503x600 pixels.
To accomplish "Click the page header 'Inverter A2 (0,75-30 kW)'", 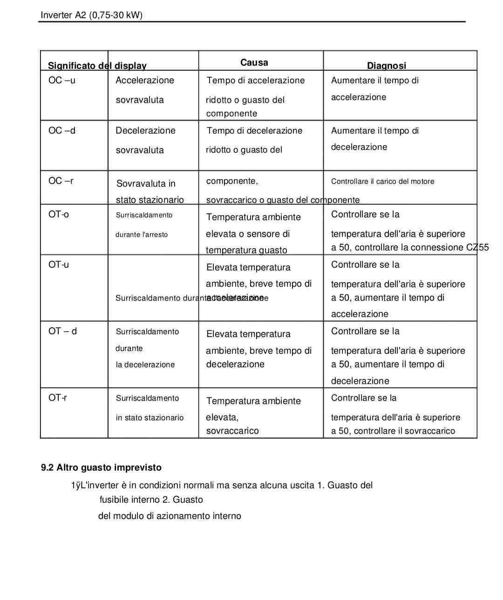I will [x=91, y=15].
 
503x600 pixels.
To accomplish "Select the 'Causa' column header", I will [x=254, y=62].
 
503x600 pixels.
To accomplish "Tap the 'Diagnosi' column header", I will [x=386, y=66].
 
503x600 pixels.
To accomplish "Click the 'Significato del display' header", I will [x=97, y=66].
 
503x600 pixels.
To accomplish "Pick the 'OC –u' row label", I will [x=61, y=80].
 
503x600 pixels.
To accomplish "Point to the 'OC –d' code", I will [x=61, y=130].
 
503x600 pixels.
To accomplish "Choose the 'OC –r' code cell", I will [x=61, y=181].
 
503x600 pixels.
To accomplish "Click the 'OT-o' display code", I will [x=58, y=214].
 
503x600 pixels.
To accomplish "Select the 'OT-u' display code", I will [x=58, y=264].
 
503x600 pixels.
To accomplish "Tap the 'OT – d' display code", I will [x=62, y=331].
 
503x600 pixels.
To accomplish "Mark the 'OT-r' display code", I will [x=57, y=398].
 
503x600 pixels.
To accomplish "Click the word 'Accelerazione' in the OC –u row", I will [x=144, y=80].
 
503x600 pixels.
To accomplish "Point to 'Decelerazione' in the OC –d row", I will [x=145, y=130].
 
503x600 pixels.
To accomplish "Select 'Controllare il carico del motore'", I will [x=382, y=181].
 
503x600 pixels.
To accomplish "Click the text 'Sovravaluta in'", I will [x=146, y=183].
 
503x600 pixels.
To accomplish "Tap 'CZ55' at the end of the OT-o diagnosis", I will [x=477, y=247].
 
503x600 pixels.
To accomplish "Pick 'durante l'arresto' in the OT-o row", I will [x=142, y=235].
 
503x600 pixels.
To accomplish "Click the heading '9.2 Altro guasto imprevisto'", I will [x=101, y=467].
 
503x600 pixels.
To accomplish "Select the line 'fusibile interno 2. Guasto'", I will [x=151, y=499].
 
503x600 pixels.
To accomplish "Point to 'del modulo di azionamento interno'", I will [x=170, y=516].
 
